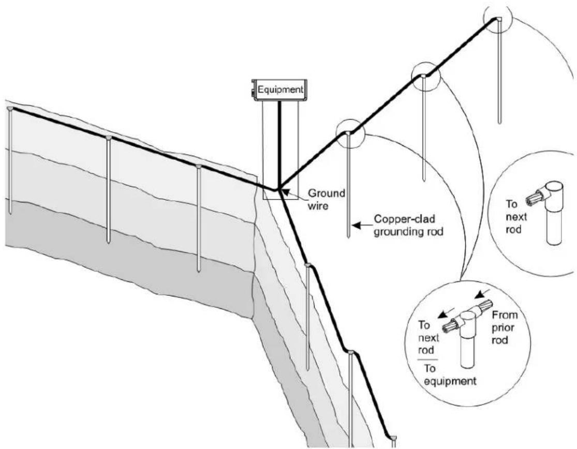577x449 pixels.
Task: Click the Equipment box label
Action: click(280, 89)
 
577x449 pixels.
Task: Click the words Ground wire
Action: click(327, 199)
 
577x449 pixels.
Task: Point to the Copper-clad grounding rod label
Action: click(408, 226)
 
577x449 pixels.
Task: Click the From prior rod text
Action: click(505, 327)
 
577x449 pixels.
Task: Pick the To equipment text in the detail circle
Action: click(450, 375)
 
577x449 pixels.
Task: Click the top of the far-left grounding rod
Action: click(10, 109)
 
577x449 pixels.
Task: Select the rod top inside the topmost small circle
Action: click(498, 19)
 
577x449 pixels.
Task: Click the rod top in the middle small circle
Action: click(423, 76)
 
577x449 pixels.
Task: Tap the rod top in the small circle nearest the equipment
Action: click(348, 133)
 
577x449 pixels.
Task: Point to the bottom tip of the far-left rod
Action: click(10, 213)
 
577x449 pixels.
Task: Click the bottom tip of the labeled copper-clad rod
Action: click(348, 237)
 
